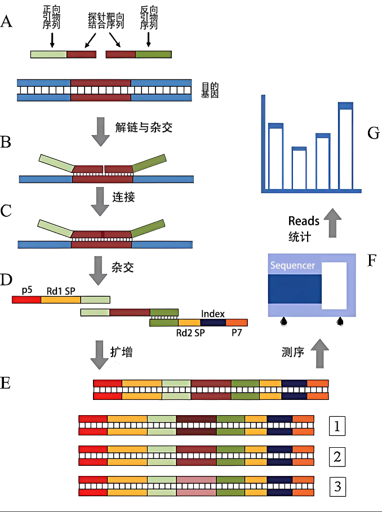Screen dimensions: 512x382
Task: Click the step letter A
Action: pos(7,22)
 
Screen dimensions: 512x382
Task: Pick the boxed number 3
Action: pos(337,486)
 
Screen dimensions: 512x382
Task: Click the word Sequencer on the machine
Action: pos(293,265)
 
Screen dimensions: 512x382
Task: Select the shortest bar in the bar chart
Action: pos(299,168)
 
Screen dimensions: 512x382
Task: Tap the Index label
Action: pos(213,314)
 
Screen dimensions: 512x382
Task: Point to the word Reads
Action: pos(304,221)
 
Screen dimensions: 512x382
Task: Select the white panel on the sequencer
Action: pos(334,286)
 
